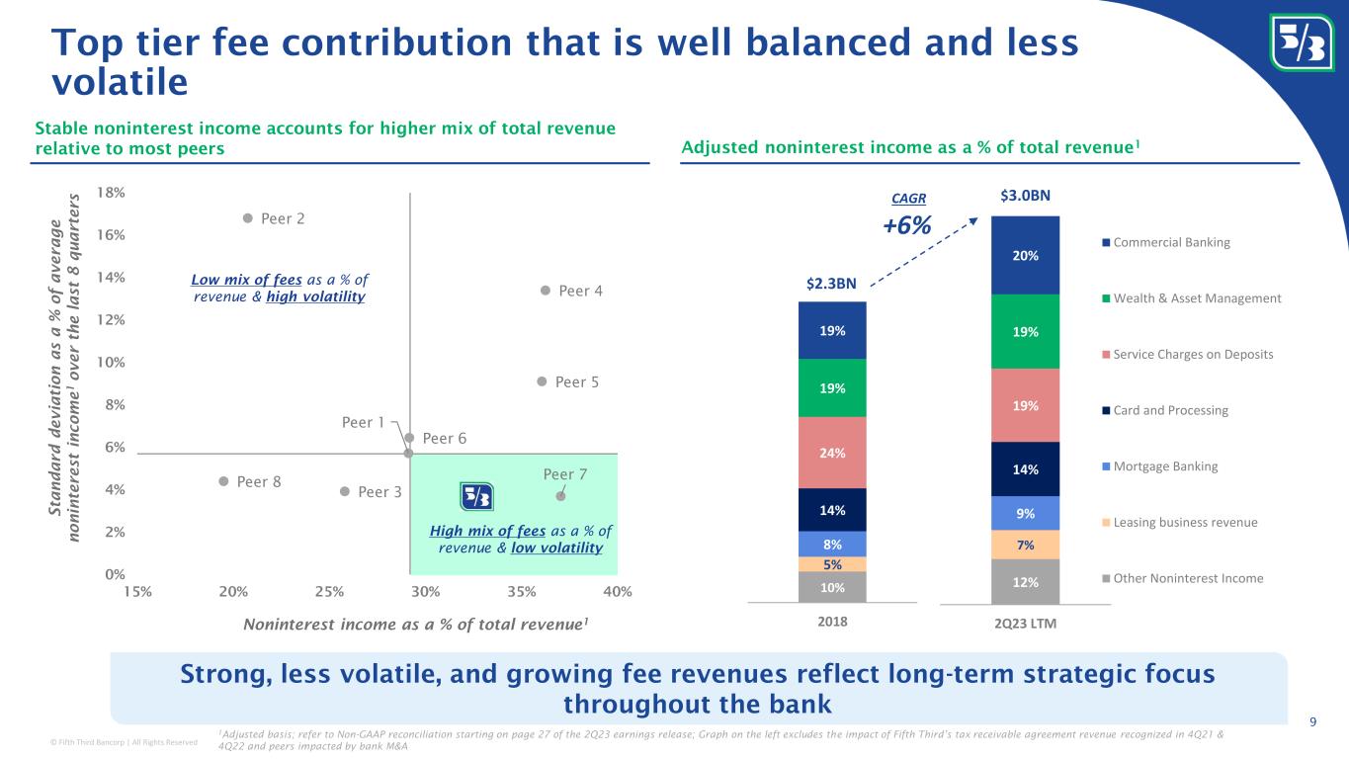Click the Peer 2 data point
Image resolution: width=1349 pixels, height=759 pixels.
pos(248,218)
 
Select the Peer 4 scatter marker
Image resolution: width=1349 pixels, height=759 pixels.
pos(545,291)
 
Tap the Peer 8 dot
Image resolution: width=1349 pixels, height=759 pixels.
pos(224,481)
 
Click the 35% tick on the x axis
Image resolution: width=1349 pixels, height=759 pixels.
pos(521,591)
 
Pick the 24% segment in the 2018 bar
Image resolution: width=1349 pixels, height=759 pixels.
pos(832,453)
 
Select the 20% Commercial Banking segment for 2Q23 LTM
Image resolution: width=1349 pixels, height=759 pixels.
pos(1026,255)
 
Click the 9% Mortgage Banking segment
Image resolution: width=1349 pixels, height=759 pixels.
pos(1026,513)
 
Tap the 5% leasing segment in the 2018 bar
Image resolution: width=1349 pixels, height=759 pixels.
pos(832,563)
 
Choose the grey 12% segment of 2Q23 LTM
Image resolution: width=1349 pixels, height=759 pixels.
pos(1026,581)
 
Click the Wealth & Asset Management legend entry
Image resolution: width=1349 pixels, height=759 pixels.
pos(1190,298)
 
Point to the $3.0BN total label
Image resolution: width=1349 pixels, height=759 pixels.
pos(1026,197)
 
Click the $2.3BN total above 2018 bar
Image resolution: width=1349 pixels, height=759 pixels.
pos(831,284)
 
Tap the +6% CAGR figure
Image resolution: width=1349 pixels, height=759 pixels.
pos(906,225)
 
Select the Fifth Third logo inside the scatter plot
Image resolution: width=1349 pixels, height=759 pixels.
pos(477,496)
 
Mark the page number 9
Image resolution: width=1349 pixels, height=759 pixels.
pos(1312,720)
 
